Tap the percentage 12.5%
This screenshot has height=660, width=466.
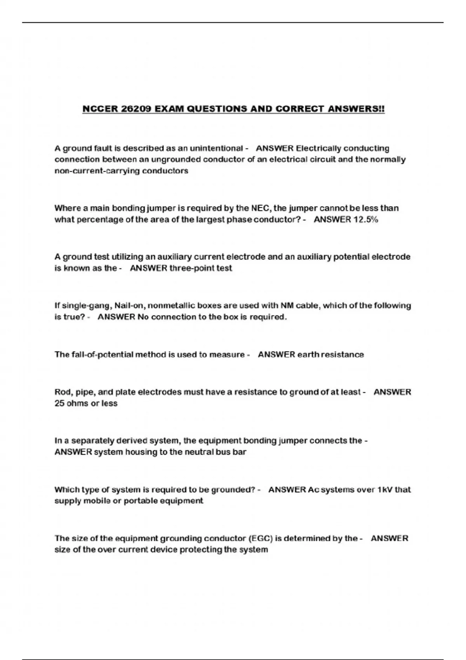(x=365, y=219)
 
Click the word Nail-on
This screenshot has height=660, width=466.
(x=126, y=306)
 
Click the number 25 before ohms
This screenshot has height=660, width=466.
(x=59, y=403)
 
